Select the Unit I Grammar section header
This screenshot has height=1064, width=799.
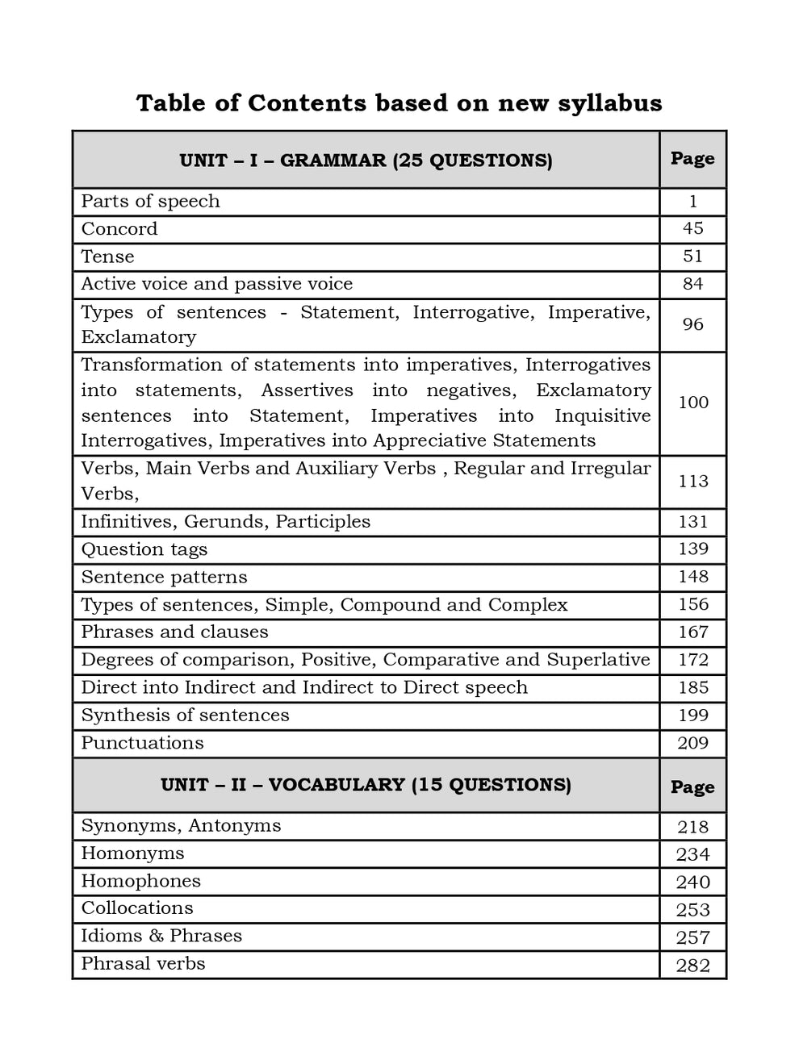366,161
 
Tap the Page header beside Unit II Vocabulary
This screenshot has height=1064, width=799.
692,787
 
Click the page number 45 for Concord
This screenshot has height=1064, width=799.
692,228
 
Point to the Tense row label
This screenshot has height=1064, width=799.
107,257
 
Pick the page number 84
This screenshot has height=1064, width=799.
692,284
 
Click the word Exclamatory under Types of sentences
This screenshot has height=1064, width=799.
138,337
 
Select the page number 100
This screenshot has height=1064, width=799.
692,403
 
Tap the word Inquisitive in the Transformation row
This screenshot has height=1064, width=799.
602,416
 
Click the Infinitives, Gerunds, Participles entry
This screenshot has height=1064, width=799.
225,522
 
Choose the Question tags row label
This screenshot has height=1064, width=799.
144,549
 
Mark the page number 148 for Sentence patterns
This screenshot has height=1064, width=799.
692,577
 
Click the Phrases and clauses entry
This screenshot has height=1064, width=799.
174,632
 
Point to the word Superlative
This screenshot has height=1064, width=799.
598,660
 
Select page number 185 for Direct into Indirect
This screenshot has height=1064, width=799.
692,688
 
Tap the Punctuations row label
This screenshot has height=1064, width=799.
142,743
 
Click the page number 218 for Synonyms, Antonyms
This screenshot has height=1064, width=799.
692,827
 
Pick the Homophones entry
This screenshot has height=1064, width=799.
140,881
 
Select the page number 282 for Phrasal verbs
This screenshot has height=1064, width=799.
692,966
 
